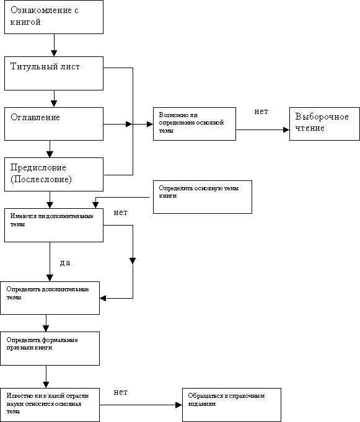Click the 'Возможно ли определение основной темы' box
click(195, 123)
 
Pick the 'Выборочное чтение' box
click(323, 123)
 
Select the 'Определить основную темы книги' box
click(202, 197)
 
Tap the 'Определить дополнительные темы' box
click(50, 298)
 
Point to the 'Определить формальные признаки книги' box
click(50, 348)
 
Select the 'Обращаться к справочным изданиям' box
click(231, 405)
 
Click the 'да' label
click(64, 263)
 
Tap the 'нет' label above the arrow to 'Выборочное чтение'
click(261, 112)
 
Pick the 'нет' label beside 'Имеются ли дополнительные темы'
click(121, 213)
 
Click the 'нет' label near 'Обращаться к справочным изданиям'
click(121, 393)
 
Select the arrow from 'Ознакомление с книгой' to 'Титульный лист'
click(55, 45)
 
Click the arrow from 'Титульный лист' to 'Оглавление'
click(55, 99)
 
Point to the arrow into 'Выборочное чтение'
click(263, 130)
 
